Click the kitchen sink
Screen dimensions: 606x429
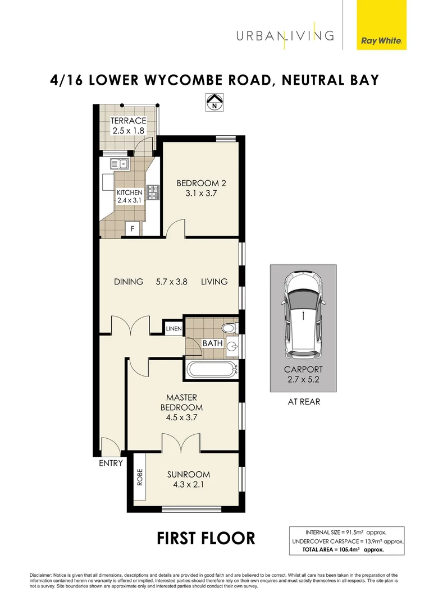[120, 164]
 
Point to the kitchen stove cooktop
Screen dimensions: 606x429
[152, 192]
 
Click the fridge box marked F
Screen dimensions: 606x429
[133, 228]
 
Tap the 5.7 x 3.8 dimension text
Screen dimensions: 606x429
[172, 282]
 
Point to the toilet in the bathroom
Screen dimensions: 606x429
[229, 328]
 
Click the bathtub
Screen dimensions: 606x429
[211, 369]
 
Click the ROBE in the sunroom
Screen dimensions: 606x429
[139, 477]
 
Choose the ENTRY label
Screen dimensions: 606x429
[111, 463]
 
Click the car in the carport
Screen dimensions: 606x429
[303, 314]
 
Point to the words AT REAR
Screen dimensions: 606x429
[303, 401]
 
